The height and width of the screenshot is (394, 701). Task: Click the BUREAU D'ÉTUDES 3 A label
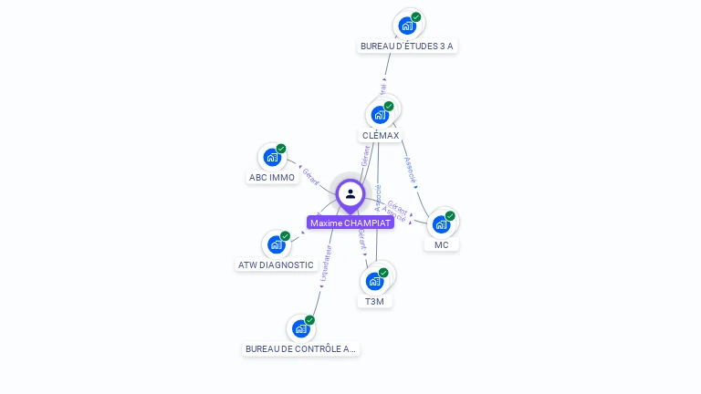[x=406, y=46]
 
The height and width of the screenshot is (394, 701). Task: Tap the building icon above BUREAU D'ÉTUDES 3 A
[x=407, y=26]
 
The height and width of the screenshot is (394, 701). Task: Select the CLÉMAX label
[x=381, y=135]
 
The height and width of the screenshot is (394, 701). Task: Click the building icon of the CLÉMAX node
[x=380, y=115]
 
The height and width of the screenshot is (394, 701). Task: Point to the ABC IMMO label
[x=272, y=178]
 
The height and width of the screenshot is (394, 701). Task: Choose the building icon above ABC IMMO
[x=272, y=157]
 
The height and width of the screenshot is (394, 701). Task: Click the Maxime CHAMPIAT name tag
[x=350, y=223]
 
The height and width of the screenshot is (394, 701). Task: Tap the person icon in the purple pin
[x=350, y=193]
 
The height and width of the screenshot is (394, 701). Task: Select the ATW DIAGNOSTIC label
[x=276, y=265]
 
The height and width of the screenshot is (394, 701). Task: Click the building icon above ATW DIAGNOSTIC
[x=276, y=244]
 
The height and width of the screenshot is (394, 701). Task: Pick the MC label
[x=442, y=244]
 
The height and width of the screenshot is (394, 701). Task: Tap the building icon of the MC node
[x=441, y=224]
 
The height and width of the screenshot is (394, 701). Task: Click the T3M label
[x=374, y=301]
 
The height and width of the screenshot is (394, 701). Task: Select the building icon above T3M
[x=374, y=281]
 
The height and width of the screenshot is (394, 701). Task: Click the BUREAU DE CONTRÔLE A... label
[x=301, y=348]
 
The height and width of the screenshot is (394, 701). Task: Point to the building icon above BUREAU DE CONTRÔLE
[x=300, y=328]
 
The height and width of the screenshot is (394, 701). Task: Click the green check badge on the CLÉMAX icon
[x=389, y=107]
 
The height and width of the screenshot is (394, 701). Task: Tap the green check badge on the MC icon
[x=450, y=216]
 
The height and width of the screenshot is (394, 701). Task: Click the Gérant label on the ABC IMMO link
[x=310, y=176]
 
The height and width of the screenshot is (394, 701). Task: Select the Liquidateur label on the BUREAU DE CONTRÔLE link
[x=326, y=262]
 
